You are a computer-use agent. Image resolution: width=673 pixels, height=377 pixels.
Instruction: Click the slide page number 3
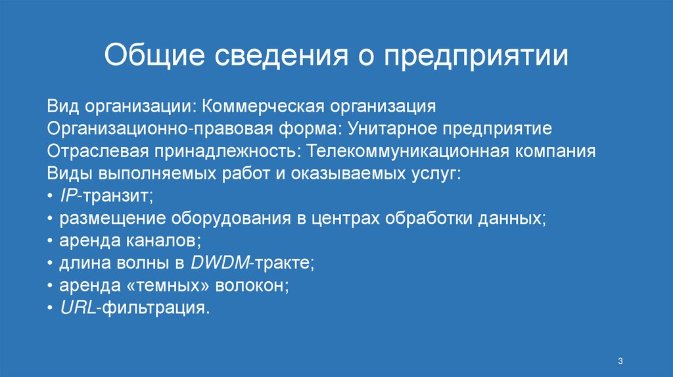620,361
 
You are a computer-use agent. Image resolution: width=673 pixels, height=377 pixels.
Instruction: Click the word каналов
168,240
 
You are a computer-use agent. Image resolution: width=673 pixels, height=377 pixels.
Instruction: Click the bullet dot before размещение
51,219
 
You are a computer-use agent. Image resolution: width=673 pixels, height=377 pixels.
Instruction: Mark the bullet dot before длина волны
51,264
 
